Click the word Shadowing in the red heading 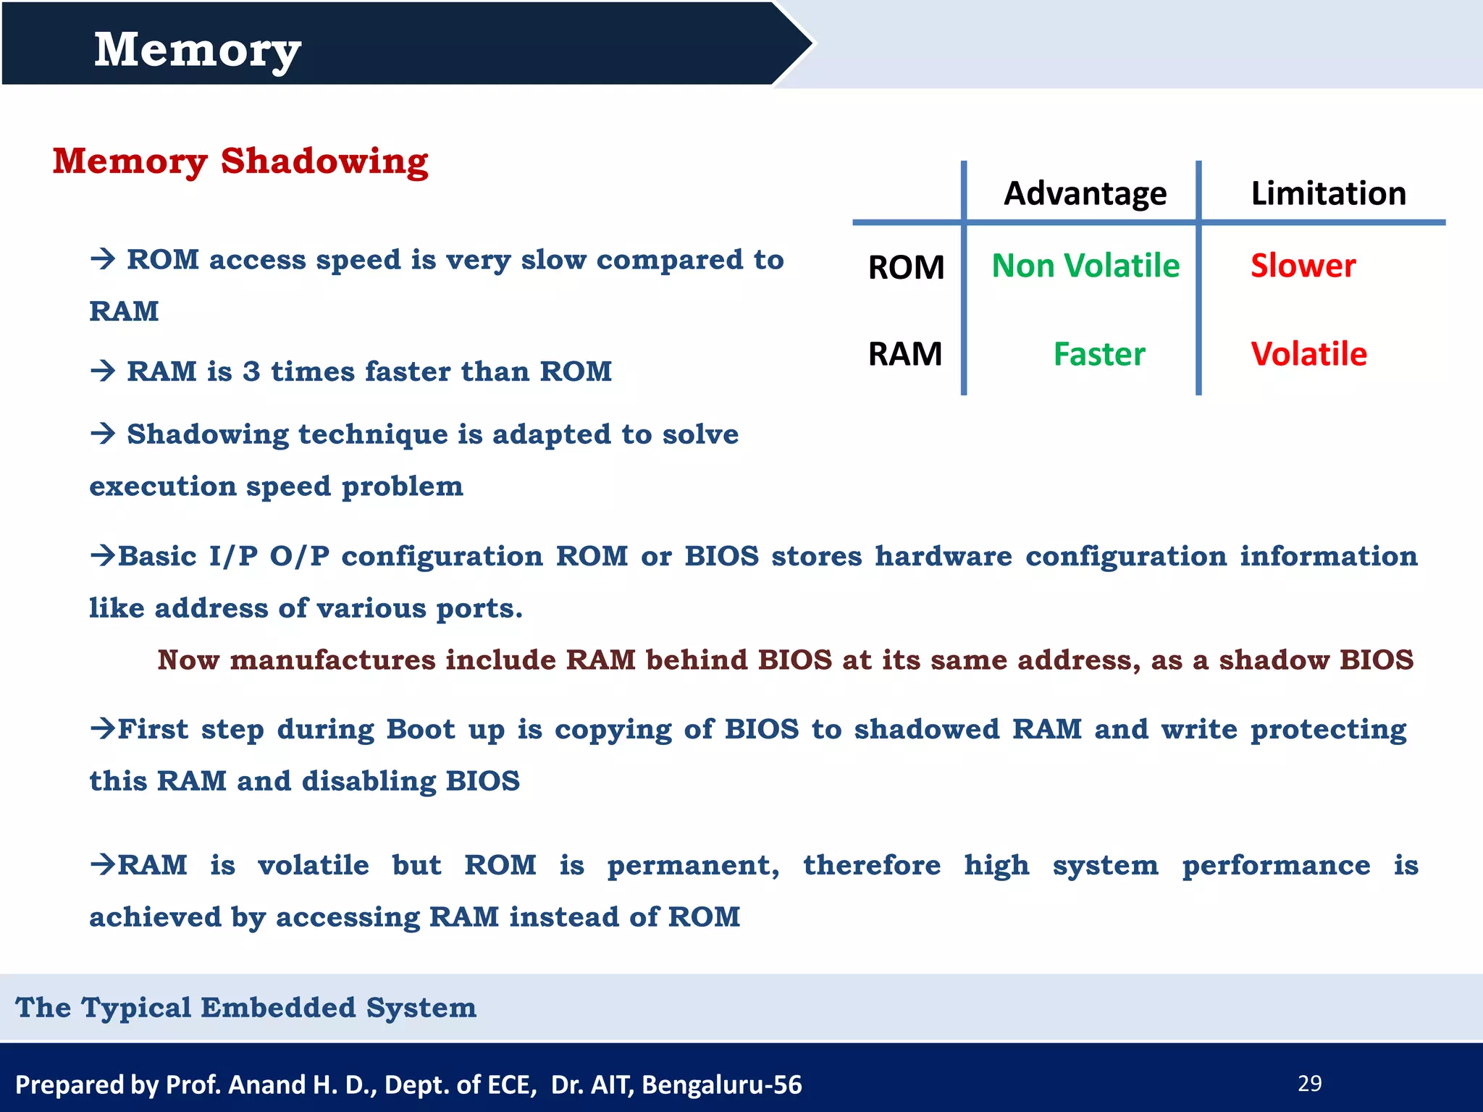[x=324, y=161]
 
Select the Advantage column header [x=1085, y=193]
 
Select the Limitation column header [x=1328, y=193]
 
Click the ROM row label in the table [x=906, y=267]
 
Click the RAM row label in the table [x=904, y=354]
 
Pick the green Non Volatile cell [x=1085, y=266]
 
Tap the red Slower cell [x=1303, y=266]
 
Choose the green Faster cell [x=1098, y=354]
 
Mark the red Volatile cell [x=1308, y=354]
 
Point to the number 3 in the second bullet [x=251, y=371]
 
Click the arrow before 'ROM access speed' [x=104, y=258]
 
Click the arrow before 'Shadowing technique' [x=104, y=433]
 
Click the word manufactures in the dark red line [x=332, y=660]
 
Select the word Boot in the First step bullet [x=421, y=729]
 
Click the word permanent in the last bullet [x=692, y=866]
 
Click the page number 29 [x=1309, y=1083]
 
